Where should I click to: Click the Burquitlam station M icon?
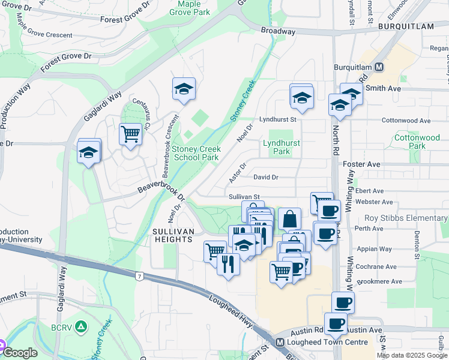click(379, 67)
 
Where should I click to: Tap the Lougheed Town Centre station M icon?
click(279, 343)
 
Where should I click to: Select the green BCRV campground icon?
click(82, 328)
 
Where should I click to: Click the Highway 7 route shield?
click(139, 276)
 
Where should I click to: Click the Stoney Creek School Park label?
click(196, 153)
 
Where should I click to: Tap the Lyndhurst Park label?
click(281, 147)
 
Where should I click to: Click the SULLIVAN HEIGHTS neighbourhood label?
click(173, 235)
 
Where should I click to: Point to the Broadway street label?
click(278, 31)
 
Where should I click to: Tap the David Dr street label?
click(265, 177)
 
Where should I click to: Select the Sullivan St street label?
click(243, 196)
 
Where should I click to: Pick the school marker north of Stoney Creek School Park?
click(184, 89)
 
